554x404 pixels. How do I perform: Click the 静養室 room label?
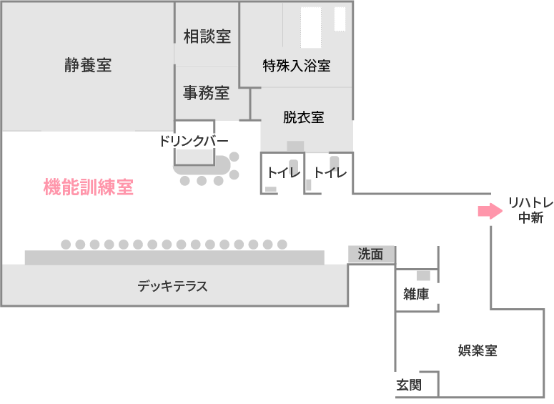pos(87,65)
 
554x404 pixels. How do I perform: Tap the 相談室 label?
pos(207,36)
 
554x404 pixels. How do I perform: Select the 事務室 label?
pos(207,92)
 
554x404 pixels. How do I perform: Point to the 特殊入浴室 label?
pos(297,66)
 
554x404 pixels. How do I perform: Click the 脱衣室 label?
pos(303,117)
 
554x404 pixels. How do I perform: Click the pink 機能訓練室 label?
pos(89,188)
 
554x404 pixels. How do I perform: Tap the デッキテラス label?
pos(172,287)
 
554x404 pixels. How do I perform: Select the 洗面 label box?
pos(371,254)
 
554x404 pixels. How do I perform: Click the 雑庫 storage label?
pos(415,293)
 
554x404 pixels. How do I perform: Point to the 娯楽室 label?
pos(478,350)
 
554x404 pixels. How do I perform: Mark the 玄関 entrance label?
pos(409,385)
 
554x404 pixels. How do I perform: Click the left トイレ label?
pos(283,172)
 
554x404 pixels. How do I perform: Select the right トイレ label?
pos(330,172)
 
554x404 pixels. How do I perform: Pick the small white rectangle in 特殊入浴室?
pos(340,19)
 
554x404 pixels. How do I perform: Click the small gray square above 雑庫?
pos(423,275)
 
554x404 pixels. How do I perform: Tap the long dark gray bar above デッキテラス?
pos(174,257)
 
